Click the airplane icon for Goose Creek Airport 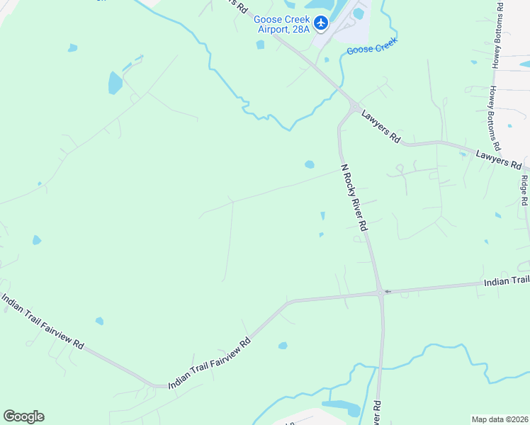pyautogui.click(x=321, y=24)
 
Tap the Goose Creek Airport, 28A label pyautogui.click(x=282, y=25)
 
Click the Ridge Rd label pyautogui.click(x=524, y=191)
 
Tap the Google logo pyautogui.click(x=23, y=416)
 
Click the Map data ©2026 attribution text pyautogui.click(x=500, y=419)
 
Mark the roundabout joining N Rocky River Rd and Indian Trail pyautogui.click(x=380, y=292)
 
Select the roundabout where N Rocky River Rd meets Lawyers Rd pyautogui.click(x=353, y=107)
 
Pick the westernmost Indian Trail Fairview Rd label pyautogui.click(x=43, y=322)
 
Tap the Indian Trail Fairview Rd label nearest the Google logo pyautogui.click(x=209, y=363)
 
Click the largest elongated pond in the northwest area pyautogui.click(x=115, y=83)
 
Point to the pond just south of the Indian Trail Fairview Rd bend pyautogui.click(x=283, y=346)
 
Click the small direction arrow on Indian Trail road pyautogui.click(x=388, y=291)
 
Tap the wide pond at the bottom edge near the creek pyautogui.click(x=342, y=407)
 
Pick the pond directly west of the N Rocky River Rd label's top pyautogui.click(x=309, y=164)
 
